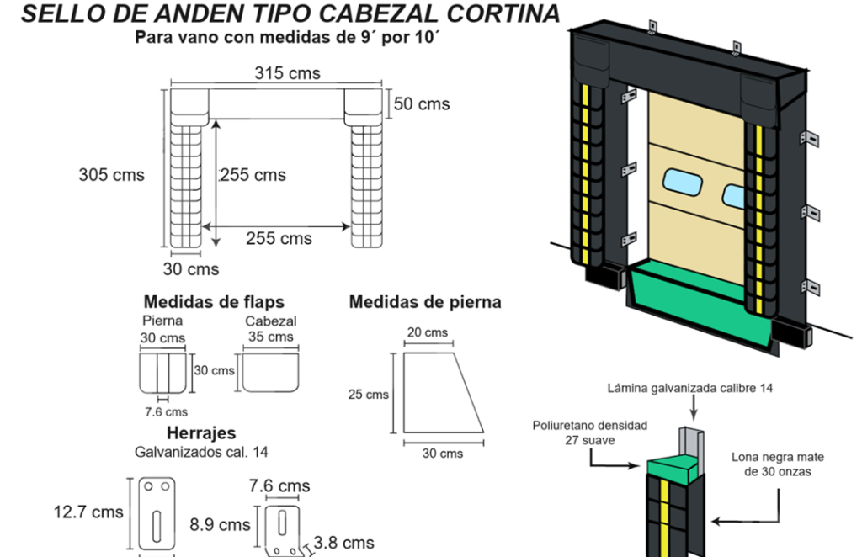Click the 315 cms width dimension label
[x=287, y=73]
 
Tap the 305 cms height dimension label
[x=111, y=175]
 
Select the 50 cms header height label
[x=422, y=104]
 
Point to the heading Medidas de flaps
[x=214, y=301]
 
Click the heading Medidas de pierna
[x=425, y=301]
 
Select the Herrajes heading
[x=201, y=433]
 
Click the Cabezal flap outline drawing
[x=270, y=373]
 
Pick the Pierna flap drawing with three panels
[x=162, y=373]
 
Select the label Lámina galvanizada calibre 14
[x=689, y=388]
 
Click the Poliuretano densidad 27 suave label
[x=590, y=432]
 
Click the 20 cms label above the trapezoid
[x=428, y=332]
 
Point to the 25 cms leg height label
[x=368, y=394]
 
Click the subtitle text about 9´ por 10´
[x=290, y=38]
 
